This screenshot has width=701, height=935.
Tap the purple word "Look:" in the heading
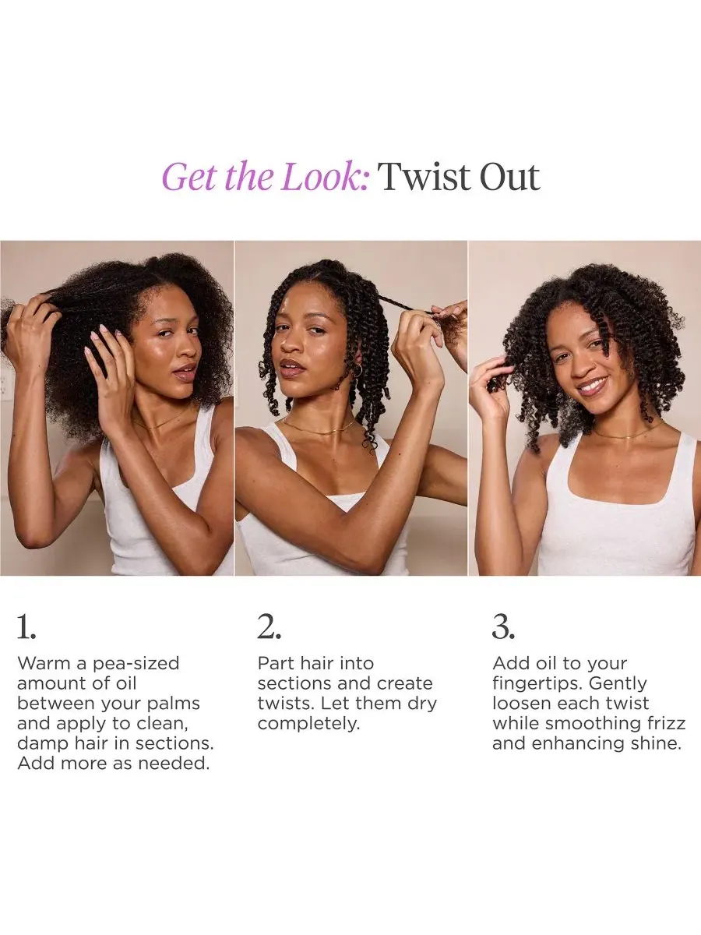(326, 177)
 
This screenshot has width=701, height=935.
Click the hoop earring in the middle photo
(358, 371)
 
